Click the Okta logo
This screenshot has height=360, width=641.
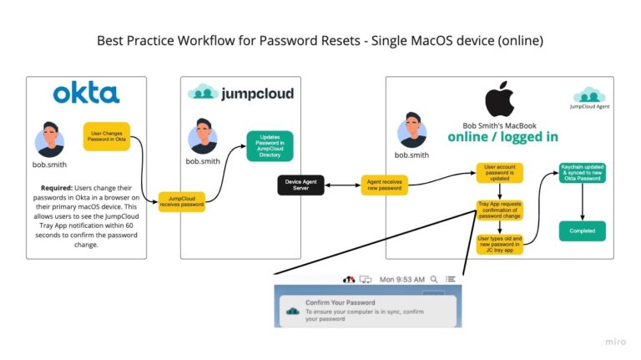pos(86,94)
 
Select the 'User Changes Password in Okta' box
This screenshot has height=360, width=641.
pos(106,136)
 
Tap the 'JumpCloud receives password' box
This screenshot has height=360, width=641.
pos(181,201)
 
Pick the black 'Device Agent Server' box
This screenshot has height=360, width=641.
pos(300,185)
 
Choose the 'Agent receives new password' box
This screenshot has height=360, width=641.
pos(385,185)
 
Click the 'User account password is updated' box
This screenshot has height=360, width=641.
pos(499,173)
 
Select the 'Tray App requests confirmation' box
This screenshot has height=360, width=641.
pos(499,209)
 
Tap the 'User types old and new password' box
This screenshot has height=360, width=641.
pos(499,244)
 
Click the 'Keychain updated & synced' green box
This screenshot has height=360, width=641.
pos(582,173)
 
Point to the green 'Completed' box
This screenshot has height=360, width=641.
pos(582,231)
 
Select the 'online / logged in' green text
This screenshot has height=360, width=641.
pos(502,136)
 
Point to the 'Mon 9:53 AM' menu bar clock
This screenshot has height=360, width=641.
pos(403,278)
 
